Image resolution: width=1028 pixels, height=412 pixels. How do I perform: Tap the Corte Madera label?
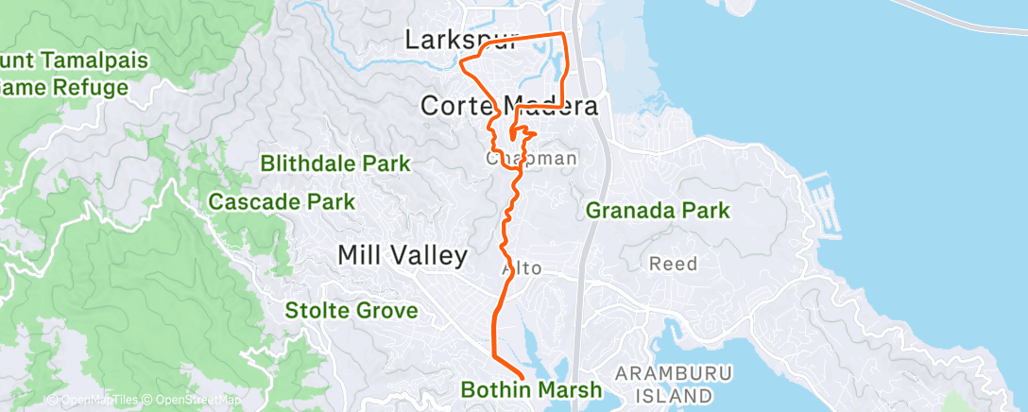coord(508,105)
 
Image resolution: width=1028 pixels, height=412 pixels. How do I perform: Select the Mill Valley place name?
coord(403,255)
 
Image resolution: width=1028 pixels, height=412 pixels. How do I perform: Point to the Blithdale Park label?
coord(336,163)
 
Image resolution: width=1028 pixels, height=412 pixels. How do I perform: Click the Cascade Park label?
coord(282,201)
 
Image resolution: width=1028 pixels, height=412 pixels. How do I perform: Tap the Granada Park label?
coord(659,210)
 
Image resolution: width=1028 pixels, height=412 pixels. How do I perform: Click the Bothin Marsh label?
coord(531,389)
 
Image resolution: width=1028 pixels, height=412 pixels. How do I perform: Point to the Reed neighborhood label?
coord(673,264)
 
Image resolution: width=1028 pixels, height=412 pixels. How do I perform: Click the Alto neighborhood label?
coord(522,268)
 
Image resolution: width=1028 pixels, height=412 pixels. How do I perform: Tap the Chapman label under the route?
coord(531,159)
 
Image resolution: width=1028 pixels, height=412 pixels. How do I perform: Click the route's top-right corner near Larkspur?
coord(564,35)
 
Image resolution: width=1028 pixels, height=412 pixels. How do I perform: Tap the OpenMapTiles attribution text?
coord(93,400)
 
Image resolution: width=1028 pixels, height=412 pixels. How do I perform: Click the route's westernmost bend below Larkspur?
coord(461,65)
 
